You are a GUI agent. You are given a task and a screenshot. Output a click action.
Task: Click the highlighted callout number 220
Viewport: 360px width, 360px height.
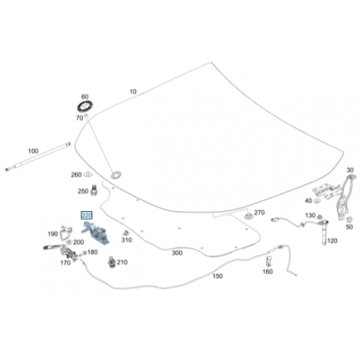(87, 215)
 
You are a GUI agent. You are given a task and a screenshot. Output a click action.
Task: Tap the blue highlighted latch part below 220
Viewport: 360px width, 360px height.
(96, 233)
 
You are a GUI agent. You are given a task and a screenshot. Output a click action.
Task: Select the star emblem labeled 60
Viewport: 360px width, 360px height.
(85, 107)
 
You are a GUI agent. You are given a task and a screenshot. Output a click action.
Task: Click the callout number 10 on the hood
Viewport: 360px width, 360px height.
(133, 92)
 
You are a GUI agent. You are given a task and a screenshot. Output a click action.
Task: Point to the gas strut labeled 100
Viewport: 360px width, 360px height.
(38, 157)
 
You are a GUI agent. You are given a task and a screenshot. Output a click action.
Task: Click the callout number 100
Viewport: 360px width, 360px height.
(33, 151)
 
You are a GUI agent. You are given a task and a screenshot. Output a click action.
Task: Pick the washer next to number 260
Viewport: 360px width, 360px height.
(88, 174)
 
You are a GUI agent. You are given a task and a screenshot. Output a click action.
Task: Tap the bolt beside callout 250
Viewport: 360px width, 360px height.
(94, 190)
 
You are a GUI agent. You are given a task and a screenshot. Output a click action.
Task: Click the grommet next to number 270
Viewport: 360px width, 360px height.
(248, 216)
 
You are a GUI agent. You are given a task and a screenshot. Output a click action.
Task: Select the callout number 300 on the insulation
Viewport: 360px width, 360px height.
(177, 252)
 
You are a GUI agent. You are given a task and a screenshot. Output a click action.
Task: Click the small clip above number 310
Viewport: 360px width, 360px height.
(126, 233)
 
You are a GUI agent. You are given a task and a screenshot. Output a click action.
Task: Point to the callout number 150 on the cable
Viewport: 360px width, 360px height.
(217, 276)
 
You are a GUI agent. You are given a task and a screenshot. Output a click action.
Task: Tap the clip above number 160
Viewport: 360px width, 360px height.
(268, 260)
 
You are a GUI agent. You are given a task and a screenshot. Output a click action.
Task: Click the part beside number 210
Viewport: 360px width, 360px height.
(112, 262)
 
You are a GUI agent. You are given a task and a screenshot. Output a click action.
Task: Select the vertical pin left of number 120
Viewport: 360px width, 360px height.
(324, 233)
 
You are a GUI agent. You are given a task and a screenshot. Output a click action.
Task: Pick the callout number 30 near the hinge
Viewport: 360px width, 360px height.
(350, 170)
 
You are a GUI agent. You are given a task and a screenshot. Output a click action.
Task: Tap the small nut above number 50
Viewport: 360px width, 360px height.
(350, 219)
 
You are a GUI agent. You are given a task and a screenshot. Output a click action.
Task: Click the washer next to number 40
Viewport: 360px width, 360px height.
(316, 200)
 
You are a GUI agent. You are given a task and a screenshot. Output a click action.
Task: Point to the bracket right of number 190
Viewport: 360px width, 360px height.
(65, 233)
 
